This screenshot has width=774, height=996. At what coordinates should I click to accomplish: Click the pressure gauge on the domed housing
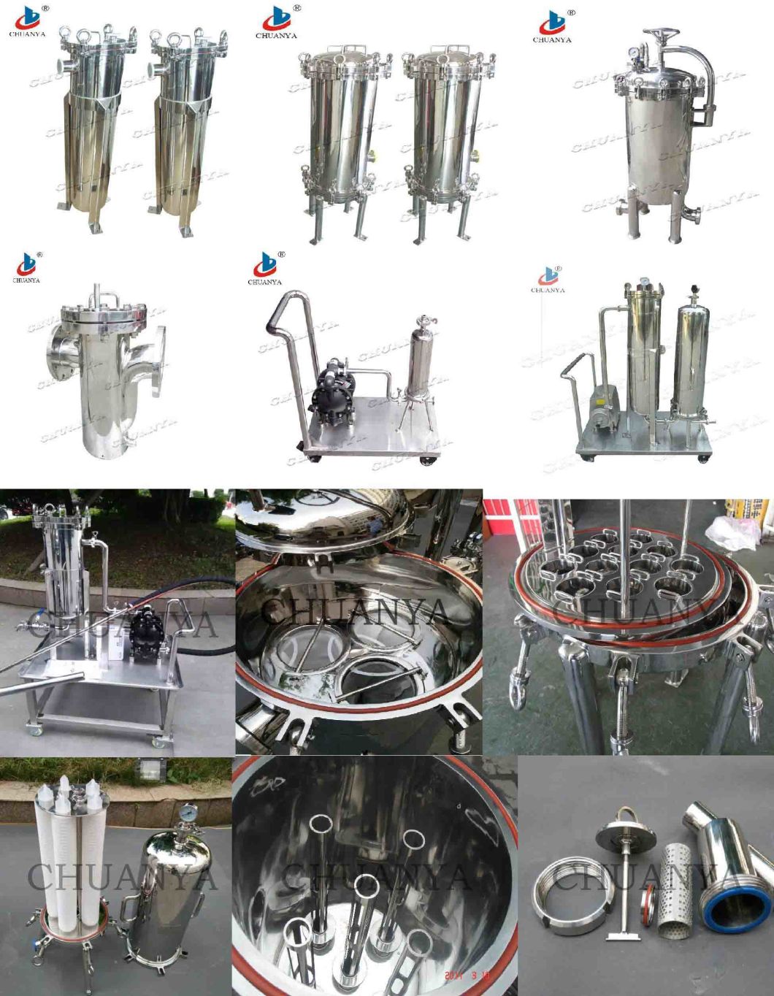click(188, 812)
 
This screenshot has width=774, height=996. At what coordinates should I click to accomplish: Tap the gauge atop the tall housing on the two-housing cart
click(644, 281)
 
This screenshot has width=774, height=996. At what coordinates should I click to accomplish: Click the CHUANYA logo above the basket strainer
click(28, 267)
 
